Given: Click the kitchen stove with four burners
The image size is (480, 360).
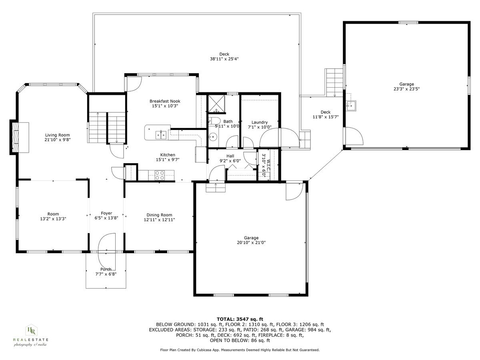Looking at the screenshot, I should coord(159,174).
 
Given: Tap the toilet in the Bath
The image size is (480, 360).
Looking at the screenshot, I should coord(214,122).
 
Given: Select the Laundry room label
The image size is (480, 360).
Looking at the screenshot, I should coord(259,122).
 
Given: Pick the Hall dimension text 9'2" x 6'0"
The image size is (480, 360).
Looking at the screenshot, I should coord(230,161).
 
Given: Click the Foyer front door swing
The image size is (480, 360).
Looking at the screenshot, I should coord(106,242).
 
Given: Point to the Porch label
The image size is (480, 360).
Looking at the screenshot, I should coord(106,269).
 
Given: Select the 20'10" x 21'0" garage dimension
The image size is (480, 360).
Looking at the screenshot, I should coord(251,242).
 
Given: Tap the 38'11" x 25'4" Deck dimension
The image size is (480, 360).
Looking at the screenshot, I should coord(224,59).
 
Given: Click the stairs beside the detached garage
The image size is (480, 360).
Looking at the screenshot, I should coord(334,82).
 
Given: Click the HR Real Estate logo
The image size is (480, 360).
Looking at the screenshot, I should coord(31,334).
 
